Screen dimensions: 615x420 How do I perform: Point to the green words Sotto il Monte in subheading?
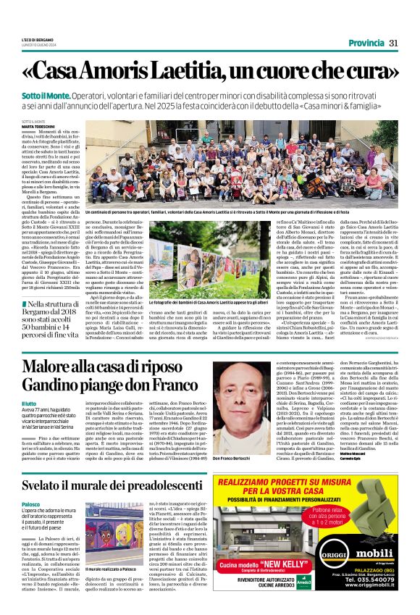(x=47, y=96)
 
